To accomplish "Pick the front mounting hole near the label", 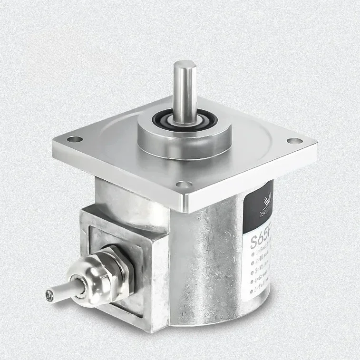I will [180, 184].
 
